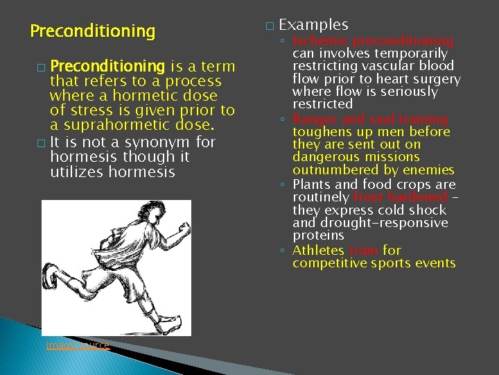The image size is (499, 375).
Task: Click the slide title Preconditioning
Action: coord(93,31)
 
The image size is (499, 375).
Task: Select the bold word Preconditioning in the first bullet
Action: coord(107,67)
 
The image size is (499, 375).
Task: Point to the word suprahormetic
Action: coord(105,125)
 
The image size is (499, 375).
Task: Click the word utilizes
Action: coord(77,171)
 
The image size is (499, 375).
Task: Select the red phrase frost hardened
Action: coord(400,197)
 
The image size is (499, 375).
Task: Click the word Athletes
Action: coord(318,251)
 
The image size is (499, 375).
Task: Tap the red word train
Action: coord(363,251)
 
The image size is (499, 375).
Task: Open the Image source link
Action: coord(76,345)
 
